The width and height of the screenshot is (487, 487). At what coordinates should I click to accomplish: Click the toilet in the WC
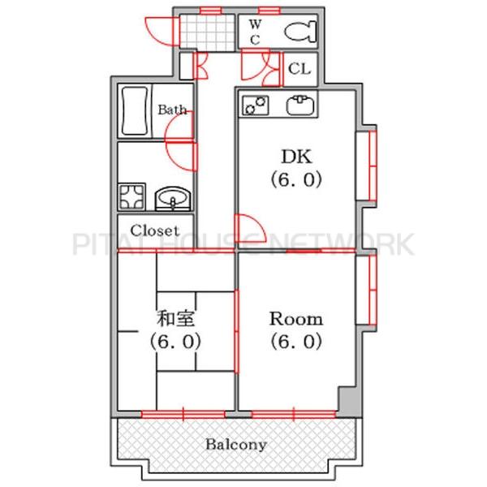pyautogui.click(x=300, y=32)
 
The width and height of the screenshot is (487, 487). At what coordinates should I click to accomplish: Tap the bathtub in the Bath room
pyautogui.click(x=135, y=111)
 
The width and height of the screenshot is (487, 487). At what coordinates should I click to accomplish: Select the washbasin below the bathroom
pyautogui.click(x=173, y=199)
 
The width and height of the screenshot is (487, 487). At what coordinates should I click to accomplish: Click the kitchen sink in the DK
pyautogui.click(x=300, y=105)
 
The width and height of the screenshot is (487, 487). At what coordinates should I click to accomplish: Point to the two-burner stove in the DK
pyautogui.click(x=256, y=106)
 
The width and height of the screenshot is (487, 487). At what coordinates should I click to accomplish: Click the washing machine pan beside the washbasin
pyautogui.click(x=131, y=196)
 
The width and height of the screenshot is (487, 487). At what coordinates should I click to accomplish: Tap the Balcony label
pyautogui.click(x=236, y=445)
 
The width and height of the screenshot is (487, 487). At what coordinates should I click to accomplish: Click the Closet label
pyautogui.click(x=155, y=231)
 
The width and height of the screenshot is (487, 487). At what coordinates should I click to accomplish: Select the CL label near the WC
pyautogui.click(x=300, y=69)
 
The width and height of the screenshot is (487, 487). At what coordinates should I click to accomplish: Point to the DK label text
pyautogui.click(x=296, y=157)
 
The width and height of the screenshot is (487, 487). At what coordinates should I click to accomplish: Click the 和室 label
pyautogui.click(x=175, y=319)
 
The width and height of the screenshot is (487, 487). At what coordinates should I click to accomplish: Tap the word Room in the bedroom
pyautogui.click(x=296, y=319)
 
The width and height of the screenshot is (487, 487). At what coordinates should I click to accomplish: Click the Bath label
pyautogui.click(x=172, y=110)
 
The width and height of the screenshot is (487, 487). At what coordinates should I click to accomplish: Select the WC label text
pyautogui.click(x=255, y=32)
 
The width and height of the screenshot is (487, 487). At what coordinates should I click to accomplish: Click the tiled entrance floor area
pyautogui.click(x=207, y=32)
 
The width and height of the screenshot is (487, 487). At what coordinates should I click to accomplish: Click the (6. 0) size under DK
pyautogui.click(x=296, y=180)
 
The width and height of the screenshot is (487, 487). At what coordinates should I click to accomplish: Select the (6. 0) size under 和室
pyautogui.click(x=175, y=342)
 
